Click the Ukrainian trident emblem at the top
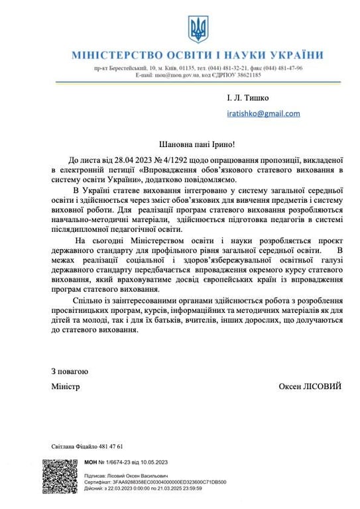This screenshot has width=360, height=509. tap(198, 29)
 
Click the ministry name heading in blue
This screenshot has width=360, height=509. tap(198, 55)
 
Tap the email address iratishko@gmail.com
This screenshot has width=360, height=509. tap(263, 113)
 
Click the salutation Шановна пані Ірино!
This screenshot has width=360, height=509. tap(197, 144)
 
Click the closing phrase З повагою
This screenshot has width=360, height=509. tap(70, 372)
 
